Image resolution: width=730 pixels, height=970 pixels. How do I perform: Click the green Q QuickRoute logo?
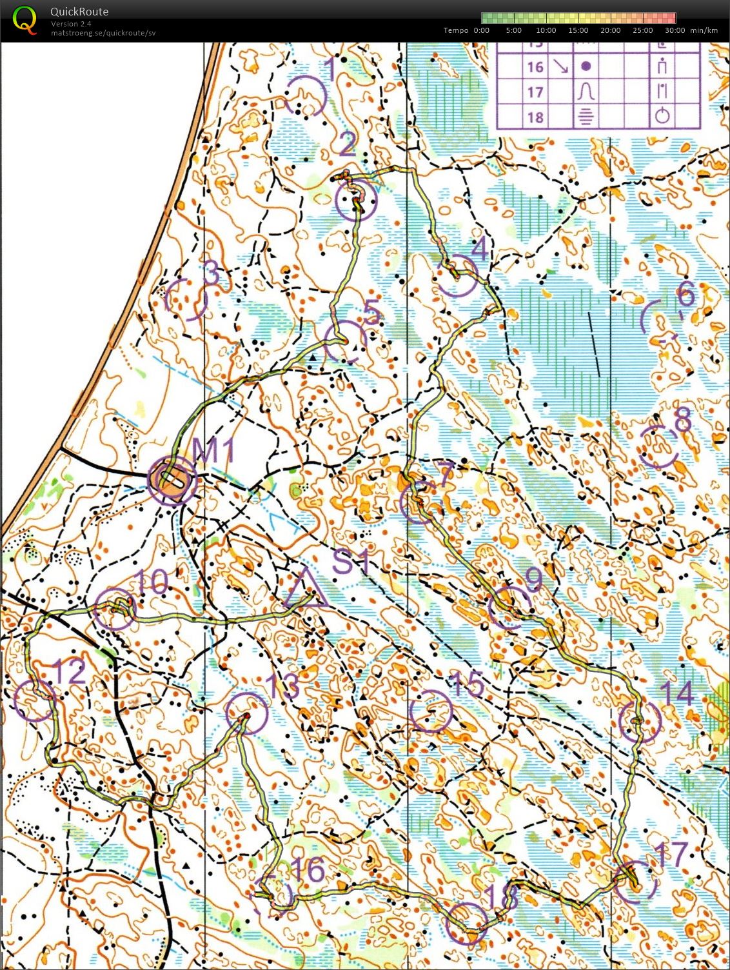pyautogui.click(x=25, y=19)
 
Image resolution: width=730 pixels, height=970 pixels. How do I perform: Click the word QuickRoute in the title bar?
pyautogui.click(x=79, y=12)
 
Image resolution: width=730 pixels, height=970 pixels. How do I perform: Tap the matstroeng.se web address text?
pyautogui.click(x=103, y=33)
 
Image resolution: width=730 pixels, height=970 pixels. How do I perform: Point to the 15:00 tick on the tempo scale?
pyautogui.click(x=578, y=30)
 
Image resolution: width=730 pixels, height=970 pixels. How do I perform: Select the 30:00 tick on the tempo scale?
pyautogui.click(x=675, y=30)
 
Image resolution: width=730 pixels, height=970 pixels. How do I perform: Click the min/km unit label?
pyautogui.click(x=704, y=30)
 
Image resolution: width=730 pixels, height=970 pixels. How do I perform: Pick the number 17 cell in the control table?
pyautogui.click(x=535, y=92)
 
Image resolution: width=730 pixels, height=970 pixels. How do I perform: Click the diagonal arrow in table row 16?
pyautogui.click(x=560, y=67)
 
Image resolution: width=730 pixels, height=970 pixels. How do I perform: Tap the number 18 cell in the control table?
pyautogui.click(x=535, y=117)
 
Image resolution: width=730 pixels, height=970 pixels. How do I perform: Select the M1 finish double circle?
pyautogui.click(x=172, y=480)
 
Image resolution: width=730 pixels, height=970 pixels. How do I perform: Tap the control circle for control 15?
pyautogui.click(x=431, y=711)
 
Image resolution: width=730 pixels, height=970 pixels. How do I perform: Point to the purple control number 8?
pyautogui.click(x=682, y=421)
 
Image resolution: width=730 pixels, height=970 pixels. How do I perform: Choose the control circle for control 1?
pyautogui.click(x=306, y=96)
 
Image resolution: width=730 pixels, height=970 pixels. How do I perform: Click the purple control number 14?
pyautogui.click(x=676, y=694)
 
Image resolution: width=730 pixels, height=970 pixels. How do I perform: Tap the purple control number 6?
pyautogui.click(x=686, y=295)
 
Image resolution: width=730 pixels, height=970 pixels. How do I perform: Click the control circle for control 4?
pyautogui.click(x=457, y=275)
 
